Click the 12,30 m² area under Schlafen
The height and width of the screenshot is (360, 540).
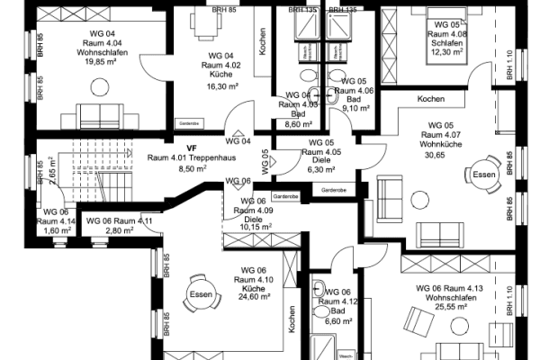[447, 52]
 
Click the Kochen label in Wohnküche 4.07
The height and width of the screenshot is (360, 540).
[431, 99]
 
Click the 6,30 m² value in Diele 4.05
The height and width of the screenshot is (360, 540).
[321, 168]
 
